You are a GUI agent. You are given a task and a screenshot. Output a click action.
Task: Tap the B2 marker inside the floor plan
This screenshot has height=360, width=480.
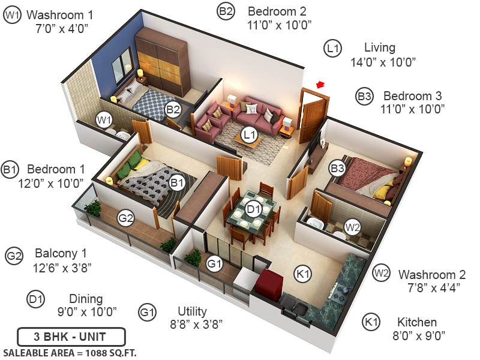tap(173, 109)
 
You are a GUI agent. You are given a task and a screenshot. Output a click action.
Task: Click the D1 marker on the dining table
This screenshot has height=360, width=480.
tap(253, 209)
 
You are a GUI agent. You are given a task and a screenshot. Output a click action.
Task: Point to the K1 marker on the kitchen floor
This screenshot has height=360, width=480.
tap(303, 274)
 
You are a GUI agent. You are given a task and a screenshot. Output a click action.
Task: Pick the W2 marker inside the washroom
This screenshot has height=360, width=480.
tap(352, 227)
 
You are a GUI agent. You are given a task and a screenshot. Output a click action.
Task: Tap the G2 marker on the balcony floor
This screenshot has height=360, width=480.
tap(125, 218)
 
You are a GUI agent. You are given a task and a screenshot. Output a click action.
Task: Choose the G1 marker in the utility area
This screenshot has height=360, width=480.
tap(214, 263)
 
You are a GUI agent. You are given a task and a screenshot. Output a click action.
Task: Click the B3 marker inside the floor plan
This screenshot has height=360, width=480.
tap(338, 169)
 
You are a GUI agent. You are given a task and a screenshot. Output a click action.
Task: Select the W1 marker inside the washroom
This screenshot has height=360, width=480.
tap(105, 119)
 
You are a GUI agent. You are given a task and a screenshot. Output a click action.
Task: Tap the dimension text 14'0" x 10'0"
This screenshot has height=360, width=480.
tap(383, 61)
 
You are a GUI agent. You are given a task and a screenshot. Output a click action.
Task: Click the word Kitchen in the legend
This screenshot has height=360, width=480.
tap(417, 322)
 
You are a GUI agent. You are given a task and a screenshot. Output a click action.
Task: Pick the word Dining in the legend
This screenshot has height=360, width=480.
tap(86, 299)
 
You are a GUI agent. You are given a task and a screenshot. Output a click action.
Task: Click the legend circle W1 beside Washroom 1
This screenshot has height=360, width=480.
tap(12, 15)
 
